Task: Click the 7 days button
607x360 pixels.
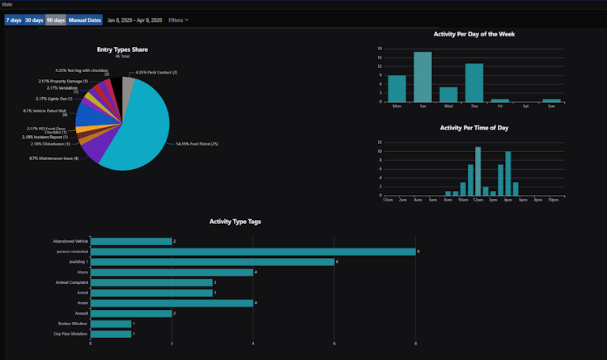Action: (13, 19)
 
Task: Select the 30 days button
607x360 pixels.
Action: (34, 19)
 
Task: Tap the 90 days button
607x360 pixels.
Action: (56, 19)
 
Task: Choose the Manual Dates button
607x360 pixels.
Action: (85, 19)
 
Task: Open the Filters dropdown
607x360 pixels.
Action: (178, 19)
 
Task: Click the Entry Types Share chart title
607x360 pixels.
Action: (122, 49)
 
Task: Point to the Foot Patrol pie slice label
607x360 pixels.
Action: (197, 144)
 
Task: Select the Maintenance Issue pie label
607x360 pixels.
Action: (53, 158)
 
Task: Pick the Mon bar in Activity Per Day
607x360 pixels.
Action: (397, 88)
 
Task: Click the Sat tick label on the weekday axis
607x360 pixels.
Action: (526, 106)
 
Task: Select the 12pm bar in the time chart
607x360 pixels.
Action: (478, 171)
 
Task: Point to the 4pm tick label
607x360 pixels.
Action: (507, 199)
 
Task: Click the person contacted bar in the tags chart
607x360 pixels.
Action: (253, 252)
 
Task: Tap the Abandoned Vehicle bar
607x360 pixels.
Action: (131, 241)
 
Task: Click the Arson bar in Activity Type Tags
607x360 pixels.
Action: (172, 303)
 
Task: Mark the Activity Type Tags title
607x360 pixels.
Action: (235, 221)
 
